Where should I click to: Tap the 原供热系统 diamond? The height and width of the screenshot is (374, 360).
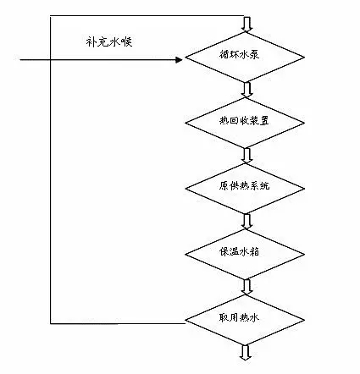pos(246,185)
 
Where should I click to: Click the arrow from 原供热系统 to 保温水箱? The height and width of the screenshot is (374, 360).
pos(246,219)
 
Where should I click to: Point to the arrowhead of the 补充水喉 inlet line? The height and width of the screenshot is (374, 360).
pos(180,60)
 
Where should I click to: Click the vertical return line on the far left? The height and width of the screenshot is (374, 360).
pos(52,169)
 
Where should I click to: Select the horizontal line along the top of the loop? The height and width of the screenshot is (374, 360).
pos(148,15)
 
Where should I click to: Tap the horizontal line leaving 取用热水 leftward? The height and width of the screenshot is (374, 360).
pos(119,322)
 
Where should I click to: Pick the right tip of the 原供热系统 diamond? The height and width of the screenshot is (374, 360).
pos(306,185)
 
